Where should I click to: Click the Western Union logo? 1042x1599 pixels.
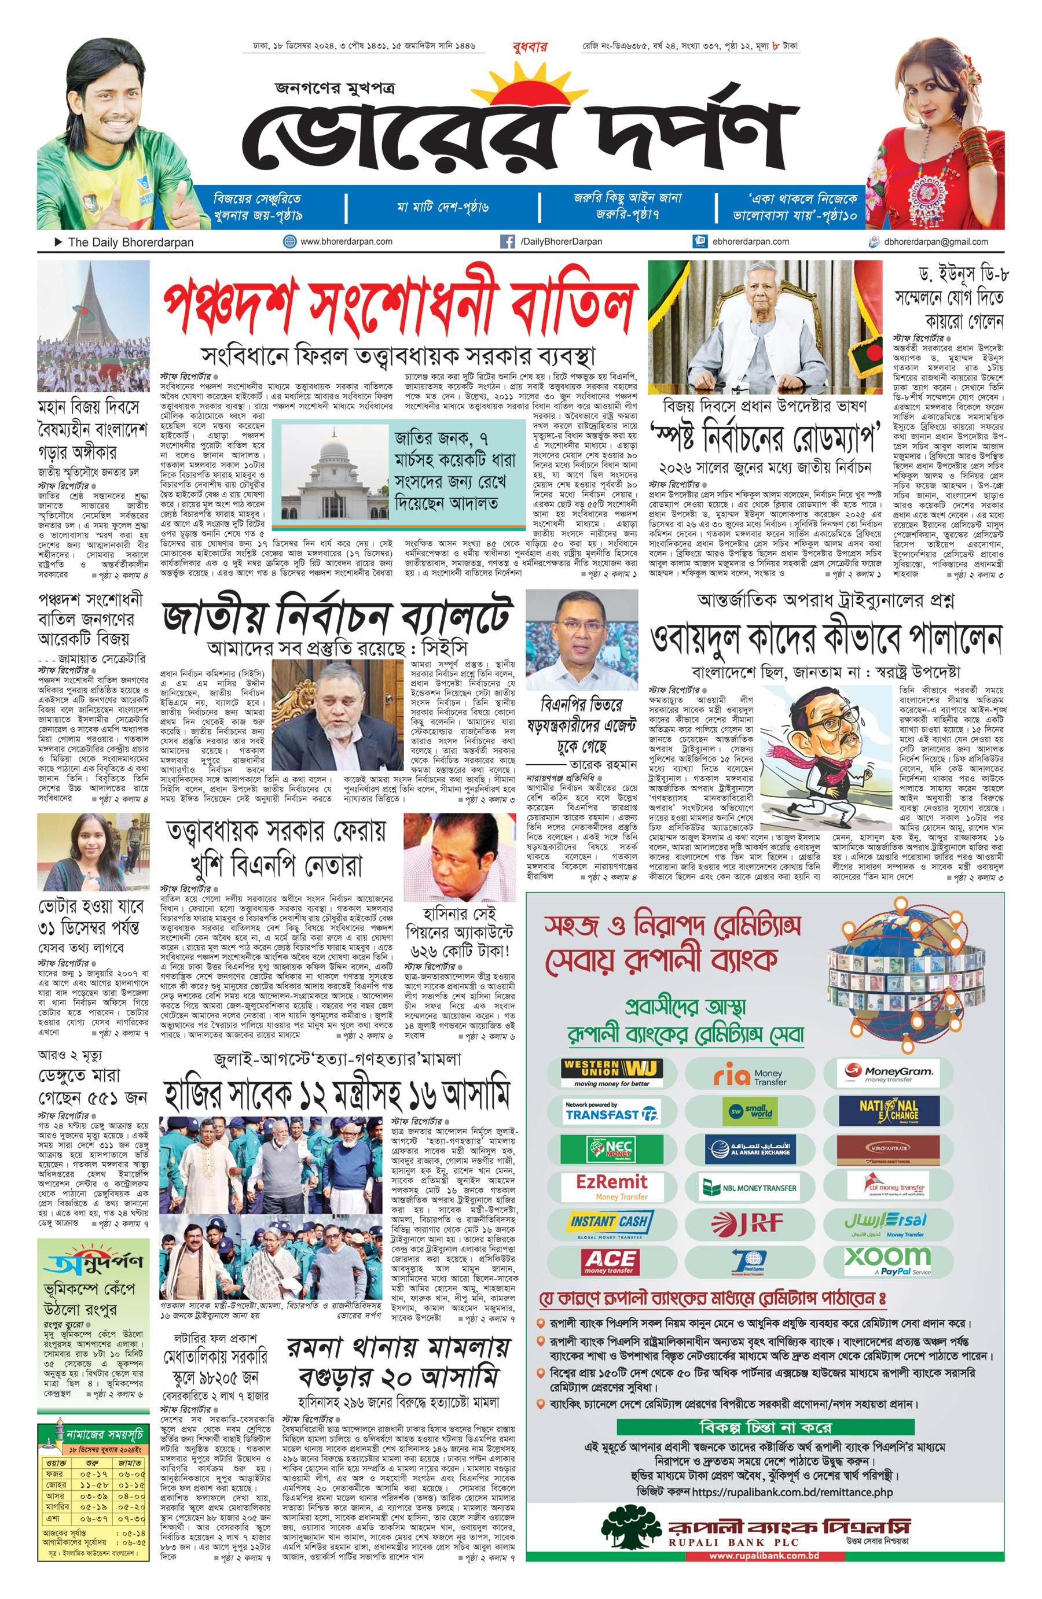(612, 1073)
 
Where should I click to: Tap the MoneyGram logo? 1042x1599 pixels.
(888, 1073)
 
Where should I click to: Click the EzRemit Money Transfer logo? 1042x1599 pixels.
(612, 1186)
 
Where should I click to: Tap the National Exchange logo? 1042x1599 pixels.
(888, 1111)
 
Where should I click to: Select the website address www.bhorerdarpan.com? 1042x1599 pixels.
(346, 241)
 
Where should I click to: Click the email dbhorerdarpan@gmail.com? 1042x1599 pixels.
(936, 242)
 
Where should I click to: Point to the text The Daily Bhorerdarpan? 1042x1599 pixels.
(130, 242)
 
